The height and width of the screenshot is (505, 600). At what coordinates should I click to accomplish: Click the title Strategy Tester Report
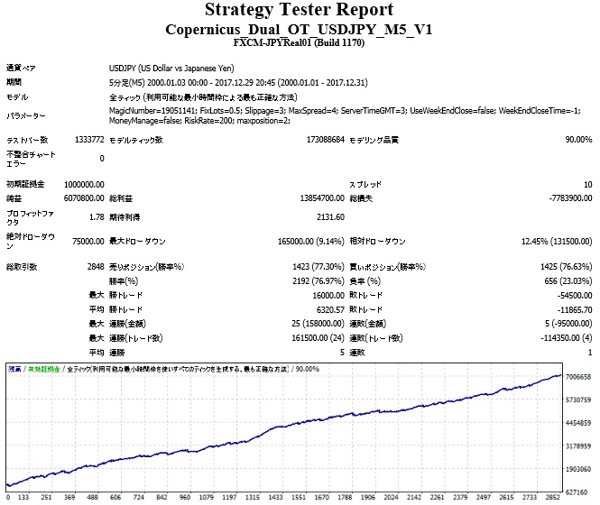tap(299, 11)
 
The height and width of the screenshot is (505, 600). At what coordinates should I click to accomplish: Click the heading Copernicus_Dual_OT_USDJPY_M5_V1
tap(299, 29)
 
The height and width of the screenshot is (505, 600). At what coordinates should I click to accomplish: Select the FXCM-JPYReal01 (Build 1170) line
tap(299, 42)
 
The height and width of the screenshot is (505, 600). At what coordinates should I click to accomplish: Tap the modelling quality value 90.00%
tap(577, 140)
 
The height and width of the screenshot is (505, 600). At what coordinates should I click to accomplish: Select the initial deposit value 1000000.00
tap(79, 184)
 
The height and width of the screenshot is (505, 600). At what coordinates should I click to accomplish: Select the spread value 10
tap(586, 184)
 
